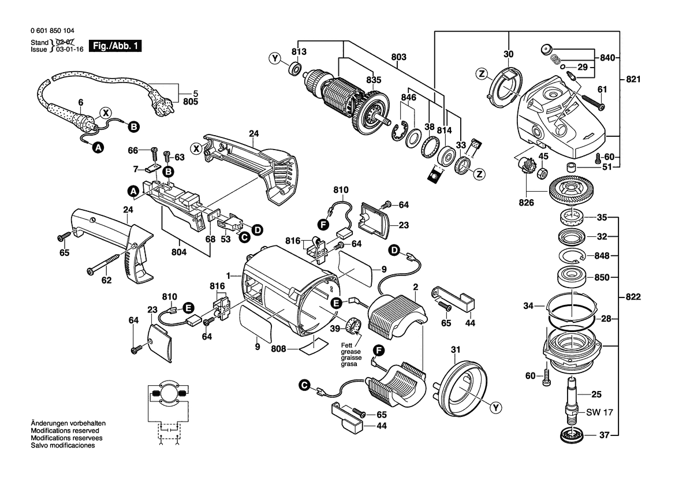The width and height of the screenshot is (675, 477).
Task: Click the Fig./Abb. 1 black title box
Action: (120, 45)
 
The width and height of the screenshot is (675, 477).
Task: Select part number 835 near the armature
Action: (374, 80)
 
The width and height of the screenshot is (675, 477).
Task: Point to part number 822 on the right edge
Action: (633, 297)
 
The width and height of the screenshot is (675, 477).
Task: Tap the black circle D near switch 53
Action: (257, 230)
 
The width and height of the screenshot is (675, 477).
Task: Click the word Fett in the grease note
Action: (345, 345)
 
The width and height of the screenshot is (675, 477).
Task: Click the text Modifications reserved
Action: (64, 431)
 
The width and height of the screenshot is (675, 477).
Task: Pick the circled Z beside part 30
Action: (480, 73)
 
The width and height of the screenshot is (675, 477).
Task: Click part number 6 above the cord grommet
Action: (81, 102)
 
